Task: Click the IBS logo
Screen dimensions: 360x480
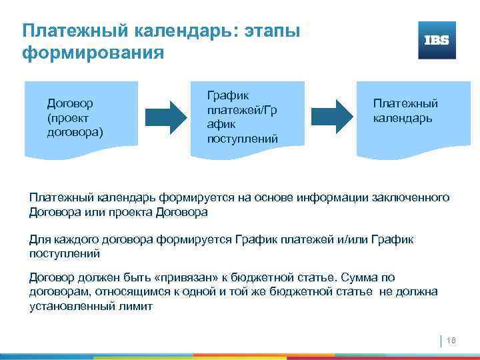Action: tap(437, 40)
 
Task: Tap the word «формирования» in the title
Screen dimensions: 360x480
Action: tap(93, 52)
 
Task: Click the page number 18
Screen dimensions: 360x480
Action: tap(451, 341)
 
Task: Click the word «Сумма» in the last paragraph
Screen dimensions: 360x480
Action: tap(366, 277)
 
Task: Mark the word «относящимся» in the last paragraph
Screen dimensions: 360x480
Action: tap(125, 291)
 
